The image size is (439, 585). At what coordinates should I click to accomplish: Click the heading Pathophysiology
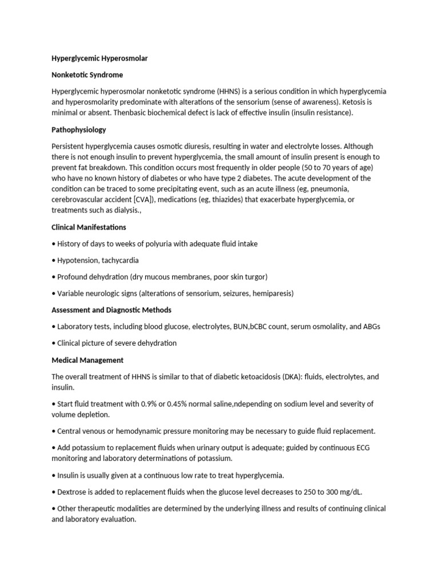(x=78, y=130)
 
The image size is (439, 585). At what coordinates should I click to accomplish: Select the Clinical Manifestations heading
(x=89, y=227)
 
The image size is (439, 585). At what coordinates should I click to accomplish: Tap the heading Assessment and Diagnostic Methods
(x=111, y=310)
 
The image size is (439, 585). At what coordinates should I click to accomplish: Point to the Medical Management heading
(x=87, y=360)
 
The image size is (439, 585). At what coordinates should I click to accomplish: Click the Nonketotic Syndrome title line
(x=87, y=75)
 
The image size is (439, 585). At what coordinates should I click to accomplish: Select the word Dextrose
(x=74, y=492)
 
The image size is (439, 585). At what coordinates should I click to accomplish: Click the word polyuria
(x=151, y=243)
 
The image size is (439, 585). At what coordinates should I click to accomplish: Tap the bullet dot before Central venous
(x=53, y=431)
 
